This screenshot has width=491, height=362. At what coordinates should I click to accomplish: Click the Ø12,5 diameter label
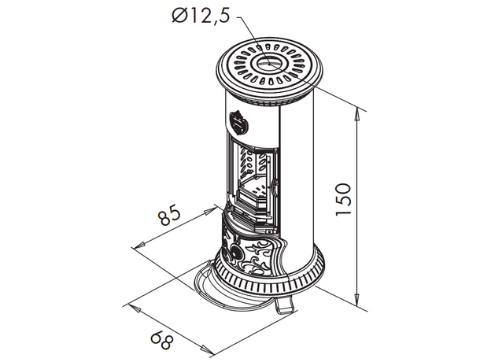coord(201,15)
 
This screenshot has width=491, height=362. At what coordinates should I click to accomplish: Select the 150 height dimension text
coord(344,199)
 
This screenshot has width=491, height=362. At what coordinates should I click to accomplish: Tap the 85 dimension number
coord(169,215)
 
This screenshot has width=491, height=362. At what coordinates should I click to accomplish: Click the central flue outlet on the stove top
coord(270,64)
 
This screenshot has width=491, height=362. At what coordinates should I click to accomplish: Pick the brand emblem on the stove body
coord(238,123)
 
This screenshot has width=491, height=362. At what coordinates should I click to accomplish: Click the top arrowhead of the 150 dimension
coord(356,115)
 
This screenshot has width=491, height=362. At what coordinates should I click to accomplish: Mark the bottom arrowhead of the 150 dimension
coord(356,300)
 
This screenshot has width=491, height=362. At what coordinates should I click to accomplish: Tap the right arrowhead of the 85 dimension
coord(209,211)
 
